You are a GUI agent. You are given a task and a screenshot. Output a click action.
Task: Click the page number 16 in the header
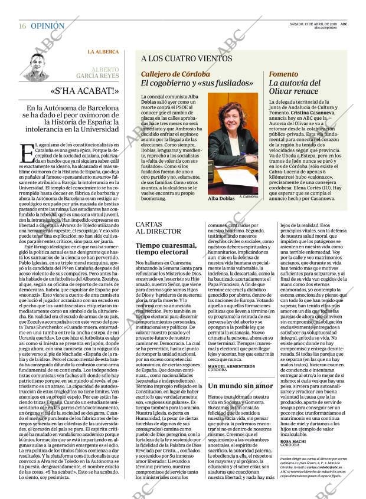22,27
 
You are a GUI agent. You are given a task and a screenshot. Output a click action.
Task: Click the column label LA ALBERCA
103,52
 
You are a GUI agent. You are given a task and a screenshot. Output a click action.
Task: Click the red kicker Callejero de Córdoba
175,74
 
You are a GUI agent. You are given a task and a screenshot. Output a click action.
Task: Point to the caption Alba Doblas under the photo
221,199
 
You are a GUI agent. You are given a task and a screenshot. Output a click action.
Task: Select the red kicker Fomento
283,74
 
